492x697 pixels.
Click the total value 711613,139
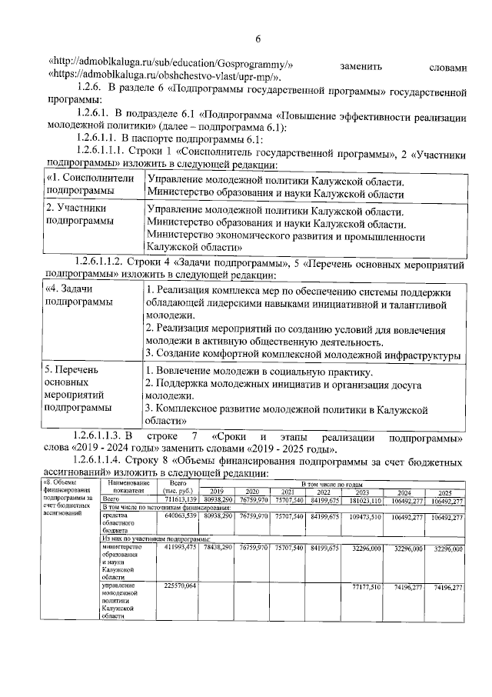178,499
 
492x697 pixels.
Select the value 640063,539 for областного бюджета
178,517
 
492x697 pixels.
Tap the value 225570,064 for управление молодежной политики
178,587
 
